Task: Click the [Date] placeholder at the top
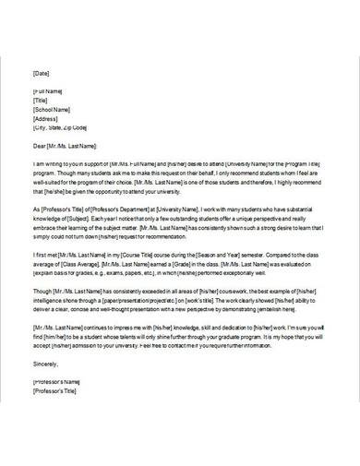(42, 72)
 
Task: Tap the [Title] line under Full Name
(42, 101)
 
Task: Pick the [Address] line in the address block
(46, 118)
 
